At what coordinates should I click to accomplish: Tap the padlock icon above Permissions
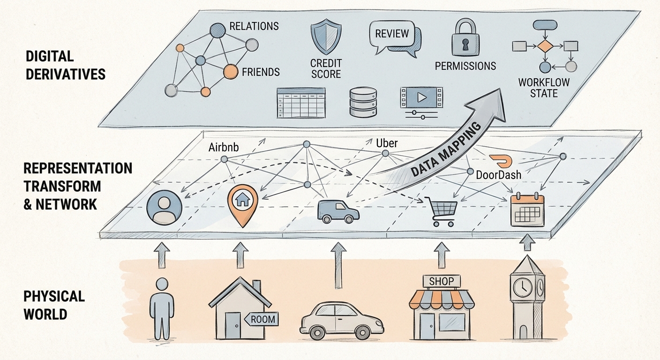[x=465, y=39]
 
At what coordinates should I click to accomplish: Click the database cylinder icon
[x=363, y=102]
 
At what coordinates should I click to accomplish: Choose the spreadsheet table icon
[x=301, y=103]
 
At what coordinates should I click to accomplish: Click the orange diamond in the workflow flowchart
[x=546, y=46]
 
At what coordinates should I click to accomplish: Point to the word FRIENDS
[x=261, y=72]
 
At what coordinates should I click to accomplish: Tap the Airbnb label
[x=223, y=148]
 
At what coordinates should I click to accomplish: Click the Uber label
[x=387, y=142]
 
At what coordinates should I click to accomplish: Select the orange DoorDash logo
[x=501, y=161]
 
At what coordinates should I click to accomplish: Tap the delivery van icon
[x=338, y=211]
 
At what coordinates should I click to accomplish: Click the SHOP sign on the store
[x=441, y=281]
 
